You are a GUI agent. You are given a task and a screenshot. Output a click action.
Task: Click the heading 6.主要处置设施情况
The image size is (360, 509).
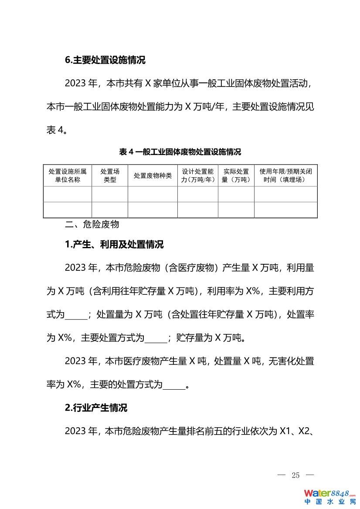pos(105,60)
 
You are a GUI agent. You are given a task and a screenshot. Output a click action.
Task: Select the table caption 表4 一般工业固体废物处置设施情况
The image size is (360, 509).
pos(180,152)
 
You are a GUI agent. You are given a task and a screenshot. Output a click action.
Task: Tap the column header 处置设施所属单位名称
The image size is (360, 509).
pos(68,175)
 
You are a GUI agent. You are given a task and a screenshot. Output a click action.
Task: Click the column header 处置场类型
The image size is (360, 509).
pos(110,175)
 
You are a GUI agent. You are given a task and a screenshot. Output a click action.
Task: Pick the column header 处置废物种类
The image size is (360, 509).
pos(153,175)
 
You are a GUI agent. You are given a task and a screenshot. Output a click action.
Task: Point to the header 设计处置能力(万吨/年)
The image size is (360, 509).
pos(198,175)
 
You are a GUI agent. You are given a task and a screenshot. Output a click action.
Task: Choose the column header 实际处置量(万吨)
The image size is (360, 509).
pos(236,175)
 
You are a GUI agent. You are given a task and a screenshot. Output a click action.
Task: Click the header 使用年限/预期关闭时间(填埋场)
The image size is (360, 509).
pos(285,175)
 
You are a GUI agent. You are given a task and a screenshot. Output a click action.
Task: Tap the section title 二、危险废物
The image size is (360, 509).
pos(92,225)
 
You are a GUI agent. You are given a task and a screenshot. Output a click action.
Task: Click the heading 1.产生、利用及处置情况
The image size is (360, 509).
pos(114,245)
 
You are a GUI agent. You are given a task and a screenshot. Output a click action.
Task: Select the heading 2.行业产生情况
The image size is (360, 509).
pos(96,408)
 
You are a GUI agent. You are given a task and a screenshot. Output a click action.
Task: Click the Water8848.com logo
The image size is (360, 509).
pos(330,496)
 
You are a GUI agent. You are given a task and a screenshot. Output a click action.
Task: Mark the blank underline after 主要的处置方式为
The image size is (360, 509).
pos(174,385)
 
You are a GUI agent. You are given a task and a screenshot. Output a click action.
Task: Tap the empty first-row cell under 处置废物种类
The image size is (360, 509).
pos(153,194)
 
